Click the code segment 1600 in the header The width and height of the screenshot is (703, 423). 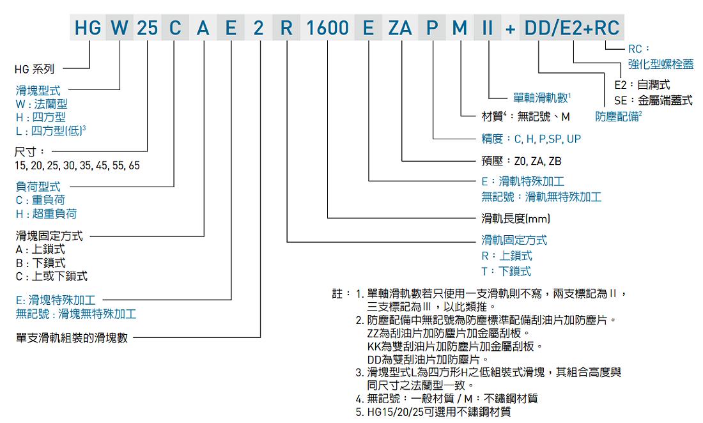tap(327, 27)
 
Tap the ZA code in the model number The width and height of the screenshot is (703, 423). tap(400, 27)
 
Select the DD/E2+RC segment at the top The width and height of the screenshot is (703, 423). tap(571, 27)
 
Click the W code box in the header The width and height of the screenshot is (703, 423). tap(120, 27)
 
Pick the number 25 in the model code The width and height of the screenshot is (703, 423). tap(148, 27)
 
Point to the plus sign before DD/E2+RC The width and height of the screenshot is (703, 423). tap(510, 29)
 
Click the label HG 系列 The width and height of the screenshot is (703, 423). tap(35, 69)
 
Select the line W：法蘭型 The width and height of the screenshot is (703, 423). tap(42, 104)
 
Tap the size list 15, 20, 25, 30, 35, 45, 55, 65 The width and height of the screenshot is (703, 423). tap(77, 165)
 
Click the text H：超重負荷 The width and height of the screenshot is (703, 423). tap(46, 214)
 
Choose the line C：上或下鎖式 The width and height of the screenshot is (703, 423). tap(52, 276)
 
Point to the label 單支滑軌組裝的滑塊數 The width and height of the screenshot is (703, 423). tap(72, 337)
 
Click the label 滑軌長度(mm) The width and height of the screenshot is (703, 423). tap(516, 219)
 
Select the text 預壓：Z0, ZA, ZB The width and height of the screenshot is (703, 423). tap(521, 161)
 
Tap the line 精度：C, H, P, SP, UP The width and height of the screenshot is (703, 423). tap(531, 139)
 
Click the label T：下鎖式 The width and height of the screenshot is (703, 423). tap(506, 271)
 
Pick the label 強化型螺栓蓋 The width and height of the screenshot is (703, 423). tap(660, 64)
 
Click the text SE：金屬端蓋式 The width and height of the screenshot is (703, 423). tap(653, 100)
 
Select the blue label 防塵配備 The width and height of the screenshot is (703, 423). tap(618, 116)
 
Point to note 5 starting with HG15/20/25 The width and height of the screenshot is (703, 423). tap(433, 411)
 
